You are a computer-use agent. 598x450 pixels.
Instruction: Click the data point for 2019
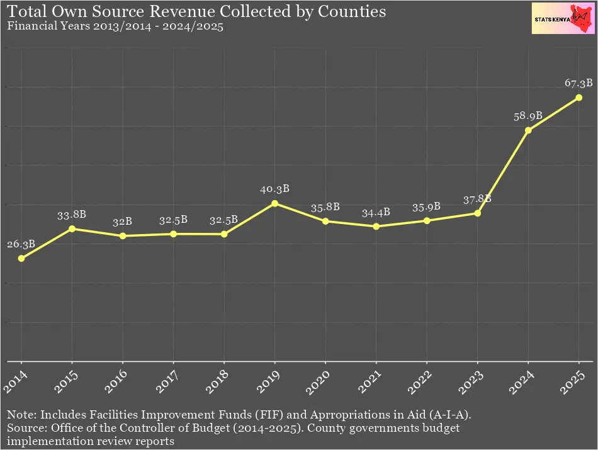[x=274, y=203]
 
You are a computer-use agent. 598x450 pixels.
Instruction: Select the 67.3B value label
[x=578, y=83]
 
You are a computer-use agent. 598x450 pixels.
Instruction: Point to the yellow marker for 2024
[x=528, y=130]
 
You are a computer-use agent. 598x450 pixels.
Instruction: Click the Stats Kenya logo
[x=561, y=19]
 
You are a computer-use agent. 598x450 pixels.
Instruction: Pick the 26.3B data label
[x=21, y=244]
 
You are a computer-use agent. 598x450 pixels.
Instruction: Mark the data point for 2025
[x=578, y=98]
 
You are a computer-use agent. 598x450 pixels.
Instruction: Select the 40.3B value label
[x=274, y=189]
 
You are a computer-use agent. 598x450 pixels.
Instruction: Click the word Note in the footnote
[x=19, y=415]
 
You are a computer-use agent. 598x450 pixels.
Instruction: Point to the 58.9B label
[x=528, y=116]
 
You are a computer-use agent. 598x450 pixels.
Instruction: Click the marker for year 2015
[x=72, y=228]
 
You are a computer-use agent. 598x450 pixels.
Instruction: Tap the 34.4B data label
[x=376, y=213]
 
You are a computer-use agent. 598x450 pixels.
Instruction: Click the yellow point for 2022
[x=427, y=220]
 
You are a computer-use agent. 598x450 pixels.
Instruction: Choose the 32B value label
[x=123, y=222]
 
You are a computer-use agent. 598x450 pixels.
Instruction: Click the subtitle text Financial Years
[x=41, y=27]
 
